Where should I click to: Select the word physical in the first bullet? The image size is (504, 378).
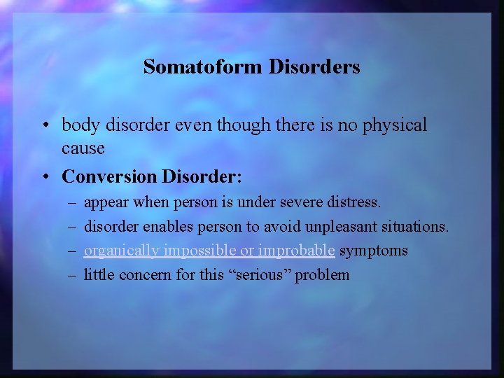click(x=393, y=125)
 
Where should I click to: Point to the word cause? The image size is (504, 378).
click(x=83, y=148)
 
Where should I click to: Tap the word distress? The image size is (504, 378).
click(x=355, y=203)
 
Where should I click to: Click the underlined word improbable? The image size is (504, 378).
click(x=297, y=251)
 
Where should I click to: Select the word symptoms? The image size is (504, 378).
click(x=374, y=251)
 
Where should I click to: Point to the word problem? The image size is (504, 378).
click(x=322, y=274)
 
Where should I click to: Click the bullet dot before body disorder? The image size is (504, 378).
click(x=44, y=126)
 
